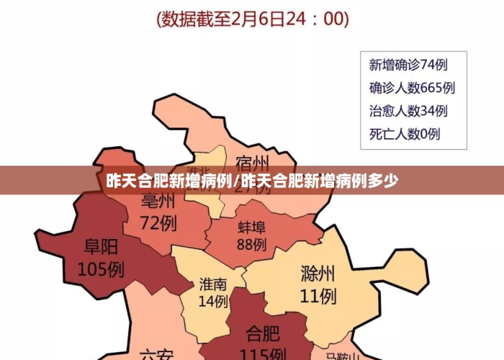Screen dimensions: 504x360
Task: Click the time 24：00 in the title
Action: coord(315,18)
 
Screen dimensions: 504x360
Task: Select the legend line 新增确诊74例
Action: coord(408,65)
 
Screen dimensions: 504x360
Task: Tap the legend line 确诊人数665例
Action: coord(412,88)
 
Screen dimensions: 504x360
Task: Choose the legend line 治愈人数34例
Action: coord(408,111)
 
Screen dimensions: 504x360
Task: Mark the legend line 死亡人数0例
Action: coord(405,134)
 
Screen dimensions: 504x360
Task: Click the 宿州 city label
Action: coord(252,160)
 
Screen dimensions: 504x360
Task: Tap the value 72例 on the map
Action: coord(158,222)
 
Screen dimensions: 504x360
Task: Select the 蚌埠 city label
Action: coord(251,228)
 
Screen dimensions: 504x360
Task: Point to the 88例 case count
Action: coord(251,245)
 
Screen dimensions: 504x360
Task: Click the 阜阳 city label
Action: coord(101,248)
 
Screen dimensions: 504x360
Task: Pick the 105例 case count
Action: coord(101,270)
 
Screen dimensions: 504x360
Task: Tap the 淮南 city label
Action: coord(213,284)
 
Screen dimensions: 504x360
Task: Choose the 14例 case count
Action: coord(213,301)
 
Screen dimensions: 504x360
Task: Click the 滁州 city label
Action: coord(318,274)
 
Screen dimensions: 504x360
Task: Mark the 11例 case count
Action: coord(318,295)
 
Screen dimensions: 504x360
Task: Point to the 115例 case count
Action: coord(263,354)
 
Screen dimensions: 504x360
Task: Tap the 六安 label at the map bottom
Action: coord(157,354)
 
